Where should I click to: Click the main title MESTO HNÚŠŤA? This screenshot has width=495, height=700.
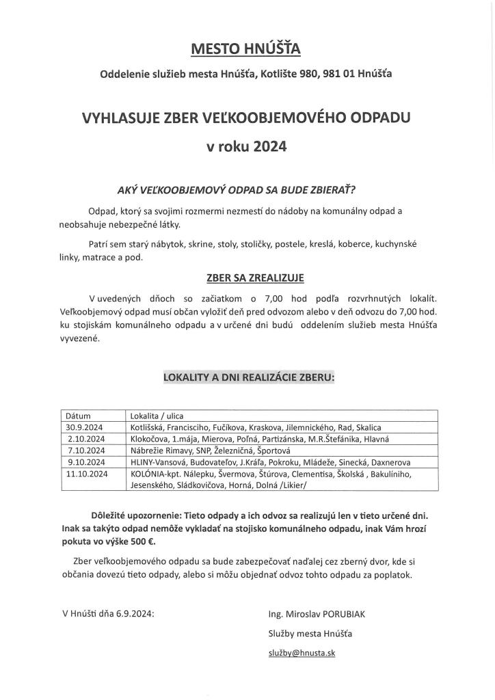pyautogui.click(x=247, y=49)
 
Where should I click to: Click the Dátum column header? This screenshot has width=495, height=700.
pyautogui.click(x=78, y=416)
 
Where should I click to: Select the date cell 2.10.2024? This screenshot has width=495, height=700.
pyautogui.click(x=86, y=439)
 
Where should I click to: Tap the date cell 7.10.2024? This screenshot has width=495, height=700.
pyautogui.click(x=86, y=450)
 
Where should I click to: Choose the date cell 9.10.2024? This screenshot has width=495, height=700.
pyautogui.click(x=86, y=462)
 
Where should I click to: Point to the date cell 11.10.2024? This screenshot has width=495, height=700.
pyautogui.click(x=87, y=473)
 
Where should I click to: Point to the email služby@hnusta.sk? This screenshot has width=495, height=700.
pyautogui.click(x=302, y=653)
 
